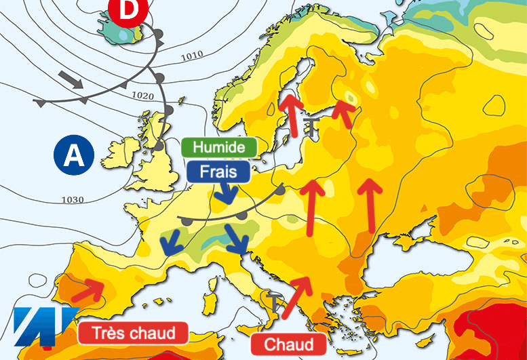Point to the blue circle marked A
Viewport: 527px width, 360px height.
(x=73, y=155)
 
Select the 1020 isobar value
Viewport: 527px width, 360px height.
(x=144, y=95)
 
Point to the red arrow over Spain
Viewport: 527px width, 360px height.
(x=86, y=289)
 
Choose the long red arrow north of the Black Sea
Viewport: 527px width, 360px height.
(x=370, y=204)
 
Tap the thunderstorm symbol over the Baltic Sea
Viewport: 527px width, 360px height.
(x=311, y=125)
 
